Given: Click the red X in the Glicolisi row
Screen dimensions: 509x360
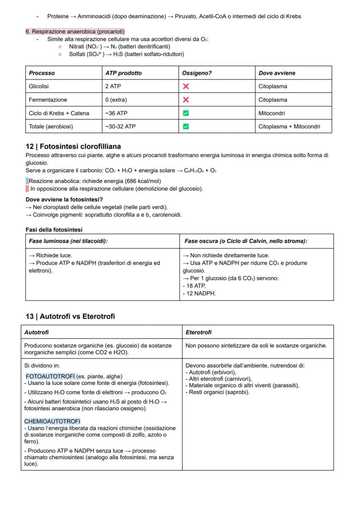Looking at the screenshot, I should click(x=186, y=86).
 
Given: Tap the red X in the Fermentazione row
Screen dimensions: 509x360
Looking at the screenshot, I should click(x=186, y=100).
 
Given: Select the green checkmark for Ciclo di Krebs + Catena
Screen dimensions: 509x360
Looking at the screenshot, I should click(x=186, y=113).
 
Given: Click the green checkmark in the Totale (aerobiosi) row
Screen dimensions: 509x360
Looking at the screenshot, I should click(x=186, y=126).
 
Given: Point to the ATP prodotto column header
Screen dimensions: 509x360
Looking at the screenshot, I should click(x=123, y=73).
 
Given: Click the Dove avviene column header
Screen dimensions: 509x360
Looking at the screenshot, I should click(x=277, y=73).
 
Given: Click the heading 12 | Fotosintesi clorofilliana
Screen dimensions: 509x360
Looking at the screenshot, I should click(x=73, y=146).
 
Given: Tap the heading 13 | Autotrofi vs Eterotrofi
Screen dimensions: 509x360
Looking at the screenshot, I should click(x=70, y=316).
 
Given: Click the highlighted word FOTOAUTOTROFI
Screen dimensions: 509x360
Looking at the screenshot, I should click(x=50, y=376).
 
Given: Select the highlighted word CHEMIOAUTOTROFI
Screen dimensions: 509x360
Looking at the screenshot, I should click(x=52, y=421).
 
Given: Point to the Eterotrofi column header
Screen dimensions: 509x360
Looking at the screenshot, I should click(x=198, y=332).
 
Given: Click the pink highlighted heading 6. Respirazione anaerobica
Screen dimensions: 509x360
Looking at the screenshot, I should click(x=75, y=32).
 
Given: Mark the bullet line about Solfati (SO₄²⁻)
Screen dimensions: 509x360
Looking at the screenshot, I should click(x=126, y=54).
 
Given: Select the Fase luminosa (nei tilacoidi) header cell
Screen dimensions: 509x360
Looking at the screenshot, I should click(x=68, y=241).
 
